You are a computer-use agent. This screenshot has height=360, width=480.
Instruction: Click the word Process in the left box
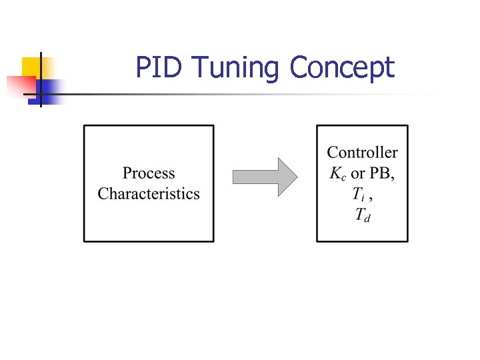[x=149, y=174]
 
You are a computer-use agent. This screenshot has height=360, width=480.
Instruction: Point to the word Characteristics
[x=149, y=194]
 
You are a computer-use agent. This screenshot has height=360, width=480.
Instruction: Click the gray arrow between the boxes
[x=264, y=177]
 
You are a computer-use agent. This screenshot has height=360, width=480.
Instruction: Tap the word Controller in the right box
[x=362, y=153]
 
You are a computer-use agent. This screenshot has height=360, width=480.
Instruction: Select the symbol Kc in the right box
[x=338, y=174]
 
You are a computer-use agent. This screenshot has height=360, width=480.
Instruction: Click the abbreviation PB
[x=382, y=174]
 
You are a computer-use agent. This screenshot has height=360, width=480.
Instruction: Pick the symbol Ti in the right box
[x=359, y=195]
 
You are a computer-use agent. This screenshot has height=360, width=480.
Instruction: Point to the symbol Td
[x=363, y=215]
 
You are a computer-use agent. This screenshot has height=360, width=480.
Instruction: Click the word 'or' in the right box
[x=358, y=175]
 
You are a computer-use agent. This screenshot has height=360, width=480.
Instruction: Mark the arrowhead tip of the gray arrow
[x=296, y=177]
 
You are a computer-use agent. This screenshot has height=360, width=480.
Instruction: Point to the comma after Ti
[x=371, y=199]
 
